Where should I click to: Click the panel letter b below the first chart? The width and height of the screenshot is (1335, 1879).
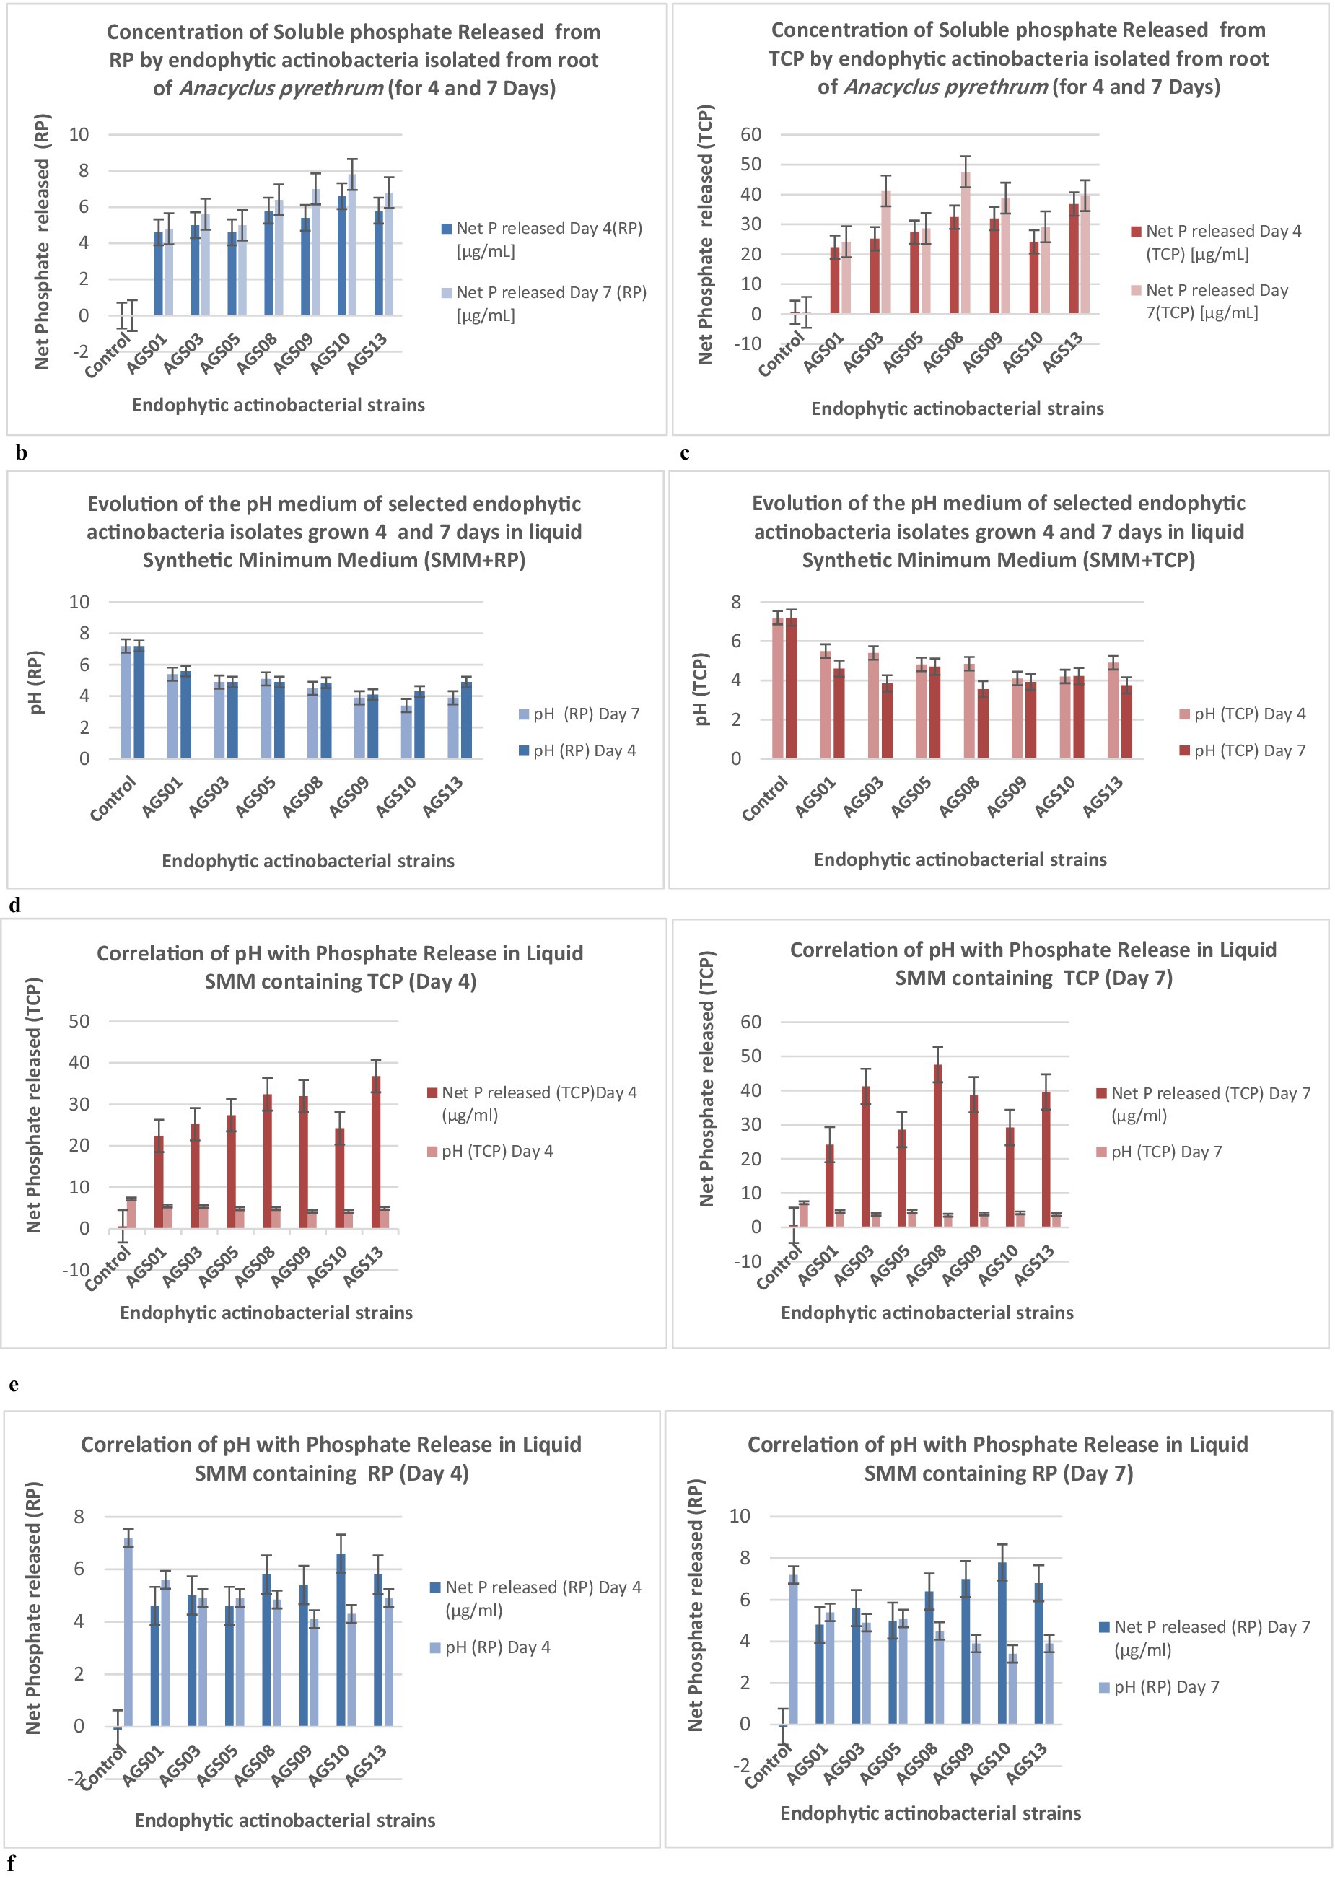(22, 453)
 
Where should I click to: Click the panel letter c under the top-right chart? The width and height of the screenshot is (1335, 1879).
(685, 453)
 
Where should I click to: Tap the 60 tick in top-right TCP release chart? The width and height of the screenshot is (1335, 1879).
(750, 134)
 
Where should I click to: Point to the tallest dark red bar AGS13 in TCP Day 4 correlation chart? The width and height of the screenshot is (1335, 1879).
(376, 1152)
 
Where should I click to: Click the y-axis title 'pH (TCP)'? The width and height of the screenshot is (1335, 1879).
(701, 689)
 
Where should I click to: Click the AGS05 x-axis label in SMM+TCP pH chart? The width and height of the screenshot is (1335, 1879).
(911, 797)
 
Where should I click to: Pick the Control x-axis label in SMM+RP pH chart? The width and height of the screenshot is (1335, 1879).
(113, 799)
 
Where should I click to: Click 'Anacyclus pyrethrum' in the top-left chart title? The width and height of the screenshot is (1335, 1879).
(280, 88)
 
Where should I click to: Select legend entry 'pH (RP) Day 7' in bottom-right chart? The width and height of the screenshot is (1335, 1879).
(1165, 1686)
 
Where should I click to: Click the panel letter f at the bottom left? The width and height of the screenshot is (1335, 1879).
(11, 1862)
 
